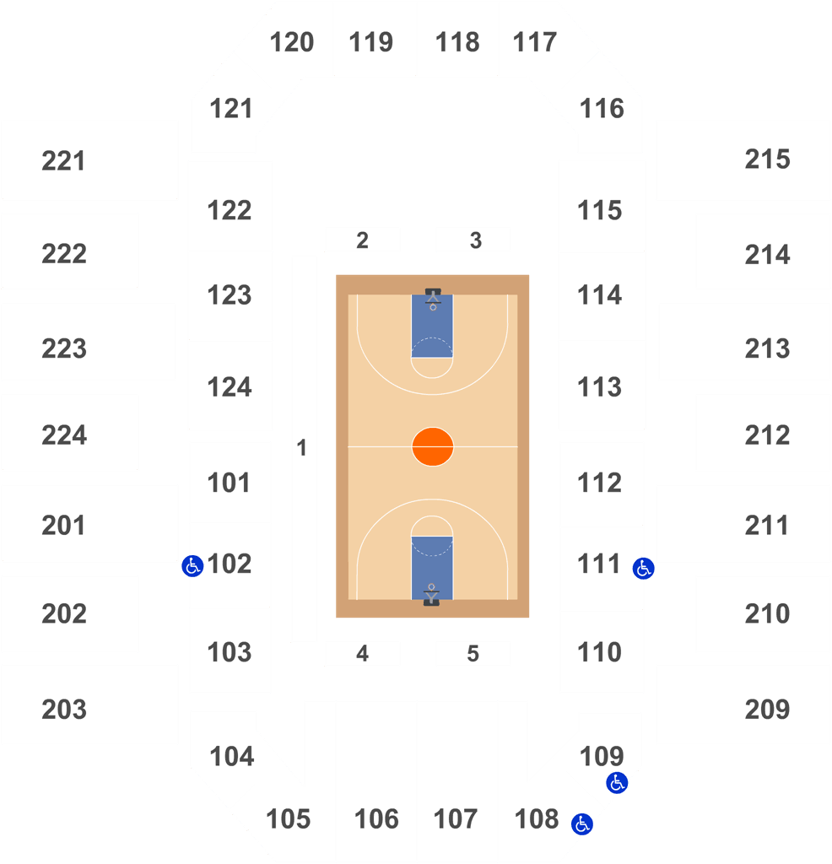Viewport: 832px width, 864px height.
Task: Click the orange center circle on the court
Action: click(433, 446)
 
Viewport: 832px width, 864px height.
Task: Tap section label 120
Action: click(291, 42)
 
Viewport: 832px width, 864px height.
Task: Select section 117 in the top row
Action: click(534, 42)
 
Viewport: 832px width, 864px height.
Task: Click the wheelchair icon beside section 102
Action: click(192, 566)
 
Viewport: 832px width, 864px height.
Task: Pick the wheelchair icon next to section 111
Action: click(643, 568)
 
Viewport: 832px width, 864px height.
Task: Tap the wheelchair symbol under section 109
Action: click(617, 782)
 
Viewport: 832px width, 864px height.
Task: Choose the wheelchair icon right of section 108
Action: click(582, 824)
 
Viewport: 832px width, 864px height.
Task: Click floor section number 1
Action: click(301, 448)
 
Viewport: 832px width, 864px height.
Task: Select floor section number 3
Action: click(476, 240)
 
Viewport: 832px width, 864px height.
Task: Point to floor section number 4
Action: click(362, 654)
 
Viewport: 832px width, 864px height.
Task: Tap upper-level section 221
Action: click(63, 161)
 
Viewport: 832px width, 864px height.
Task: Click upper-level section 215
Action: click(768, 159)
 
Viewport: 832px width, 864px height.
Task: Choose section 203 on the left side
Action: click(64, 710)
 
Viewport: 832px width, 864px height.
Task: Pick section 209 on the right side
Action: click(768, 710)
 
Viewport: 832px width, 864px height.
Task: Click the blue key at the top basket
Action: click(432, 326)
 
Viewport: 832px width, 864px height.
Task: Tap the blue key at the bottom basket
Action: click(432, 568)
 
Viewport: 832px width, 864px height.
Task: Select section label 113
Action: click(599, 387)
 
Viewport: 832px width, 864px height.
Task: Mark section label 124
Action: click(230, 387)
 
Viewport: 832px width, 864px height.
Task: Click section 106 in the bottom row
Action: click(376, 819)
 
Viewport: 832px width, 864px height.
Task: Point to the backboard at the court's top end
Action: click(433, 291)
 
